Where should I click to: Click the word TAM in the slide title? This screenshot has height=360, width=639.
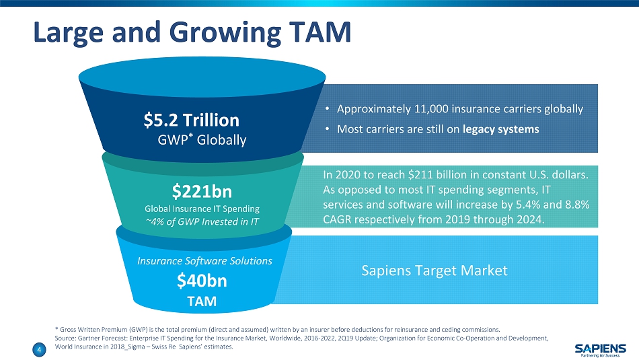[x=320, y=32]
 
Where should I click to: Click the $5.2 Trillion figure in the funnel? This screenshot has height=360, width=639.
[x=192, y=120]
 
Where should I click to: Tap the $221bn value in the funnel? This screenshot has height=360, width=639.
[x=202, y=191]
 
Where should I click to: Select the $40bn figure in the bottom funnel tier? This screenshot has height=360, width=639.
[x=202, y=281]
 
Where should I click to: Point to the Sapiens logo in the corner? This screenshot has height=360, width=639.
[x=600, y=349]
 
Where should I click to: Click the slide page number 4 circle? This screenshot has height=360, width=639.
[x=39, y=349]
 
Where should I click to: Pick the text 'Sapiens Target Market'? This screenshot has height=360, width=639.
[x=435, y=271]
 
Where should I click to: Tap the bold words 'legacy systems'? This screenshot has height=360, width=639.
[x=501, y=129]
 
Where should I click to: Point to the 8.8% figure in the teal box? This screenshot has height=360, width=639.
[x=578, y=205]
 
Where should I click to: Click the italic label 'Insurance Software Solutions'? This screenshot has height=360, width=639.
[x=204, y=261]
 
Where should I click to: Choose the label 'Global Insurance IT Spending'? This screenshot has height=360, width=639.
[x=202, y=209]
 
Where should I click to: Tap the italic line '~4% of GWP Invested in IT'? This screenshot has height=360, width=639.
[x=202, y=222]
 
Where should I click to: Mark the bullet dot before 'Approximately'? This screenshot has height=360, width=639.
[x=328, y=109]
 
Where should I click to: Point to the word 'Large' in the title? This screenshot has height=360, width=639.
[x=69, y=32]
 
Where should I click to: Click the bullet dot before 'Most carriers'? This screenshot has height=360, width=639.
[x=328, y=129]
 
